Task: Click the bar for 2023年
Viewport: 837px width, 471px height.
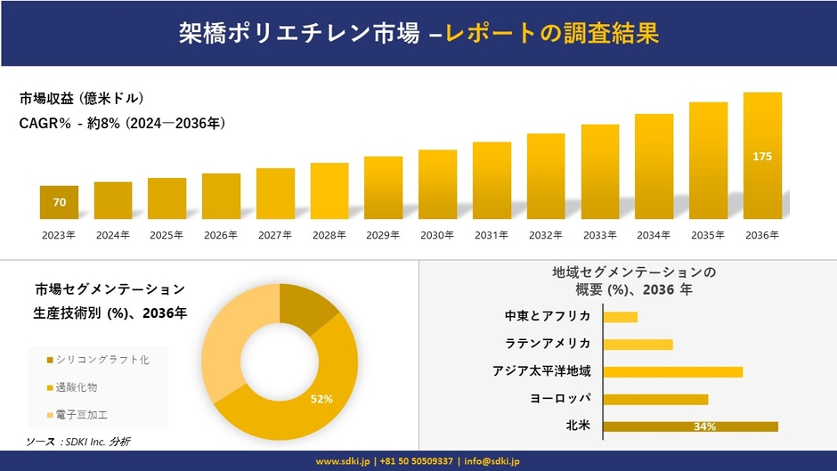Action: [x=59, y=202]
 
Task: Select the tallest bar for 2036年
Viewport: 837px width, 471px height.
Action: [x=762, y=156]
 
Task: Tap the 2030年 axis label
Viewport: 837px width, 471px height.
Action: [x=437, y=235]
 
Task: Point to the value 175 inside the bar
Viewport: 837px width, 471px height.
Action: [x=762, y=157]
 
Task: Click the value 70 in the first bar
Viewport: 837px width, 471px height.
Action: [x=59, y=203]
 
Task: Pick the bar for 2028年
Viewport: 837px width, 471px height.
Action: [x=329, y=191]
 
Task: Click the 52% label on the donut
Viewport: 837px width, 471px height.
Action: [x=321, y=399]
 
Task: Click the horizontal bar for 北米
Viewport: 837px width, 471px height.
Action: [x=690, y=426]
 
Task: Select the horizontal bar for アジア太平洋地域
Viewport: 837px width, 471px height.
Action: [x=672, y=371]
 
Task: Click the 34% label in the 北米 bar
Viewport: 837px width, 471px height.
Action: [x=705, y=427]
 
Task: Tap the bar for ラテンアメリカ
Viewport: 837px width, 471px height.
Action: [x=638, y=344]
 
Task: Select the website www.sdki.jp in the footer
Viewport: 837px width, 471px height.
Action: [x=344, y=461]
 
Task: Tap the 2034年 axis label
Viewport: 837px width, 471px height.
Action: [x=654, y=235]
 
